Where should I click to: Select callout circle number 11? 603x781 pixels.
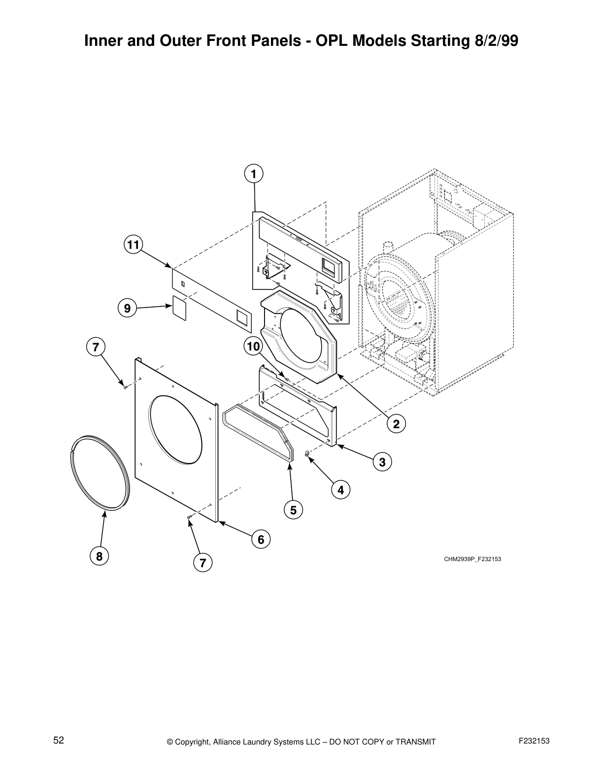[x=132, y=245]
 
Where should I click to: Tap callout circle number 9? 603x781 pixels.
[x=127, y=309]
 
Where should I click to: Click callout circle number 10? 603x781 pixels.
[x=253, y=347]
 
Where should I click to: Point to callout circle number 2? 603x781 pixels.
[x=396, y=423]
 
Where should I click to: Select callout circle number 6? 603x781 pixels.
[x=261, y=539]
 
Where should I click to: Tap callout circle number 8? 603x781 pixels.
[x=99, y=557]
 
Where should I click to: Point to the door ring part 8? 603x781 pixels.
[x=99, y=472]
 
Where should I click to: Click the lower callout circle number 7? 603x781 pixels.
[x=202, y=562]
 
